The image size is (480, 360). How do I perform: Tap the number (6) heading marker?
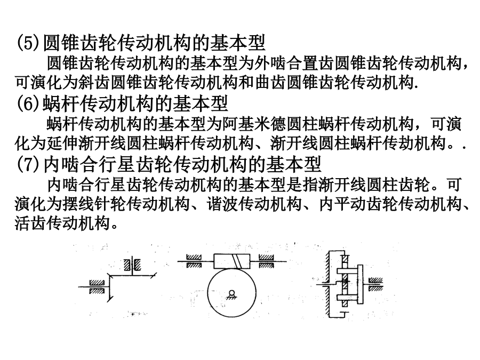coord(28,104)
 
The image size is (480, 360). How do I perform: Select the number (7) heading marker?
coord(28,165)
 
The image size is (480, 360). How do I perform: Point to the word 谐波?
coord(222,204)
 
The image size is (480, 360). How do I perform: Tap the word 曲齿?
coord(270,83)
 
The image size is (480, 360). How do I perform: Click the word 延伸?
coord(62,143)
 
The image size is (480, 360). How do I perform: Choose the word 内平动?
coord(342,204)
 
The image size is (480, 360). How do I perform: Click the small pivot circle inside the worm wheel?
coord(232,292)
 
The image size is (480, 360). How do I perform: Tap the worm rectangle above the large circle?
coord(232,261)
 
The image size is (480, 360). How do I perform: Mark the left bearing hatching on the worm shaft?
coord(194,261)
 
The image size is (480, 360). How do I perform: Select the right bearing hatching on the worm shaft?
coord(266,261)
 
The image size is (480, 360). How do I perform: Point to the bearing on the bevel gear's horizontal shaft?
coord(97,287)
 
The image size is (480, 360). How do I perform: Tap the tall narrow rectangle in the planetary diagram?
coord(360,284)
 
